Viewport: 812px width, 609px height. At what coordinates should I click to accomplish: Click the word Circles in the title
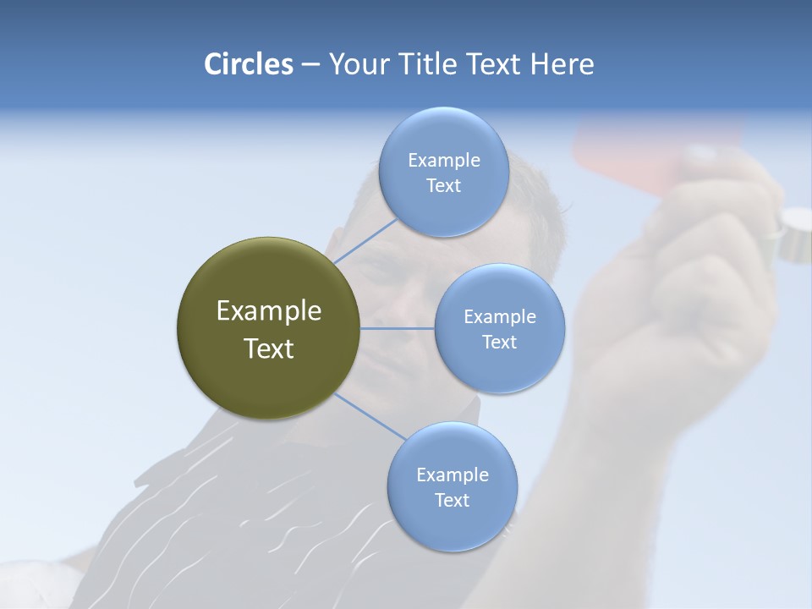[x=248, y=64]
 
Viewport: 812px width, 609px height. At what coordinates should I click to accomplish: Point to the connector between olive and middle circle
[x=397, y=328]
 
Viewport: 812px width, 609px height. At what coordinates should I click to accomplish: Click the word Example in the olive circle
[x=268, y=311]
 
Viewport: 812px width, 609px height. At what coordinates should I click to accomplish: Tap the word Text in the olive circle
[x=268, y=348]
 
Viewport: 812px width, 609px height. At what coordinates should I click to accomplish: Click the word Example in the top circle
[x=443, y=161]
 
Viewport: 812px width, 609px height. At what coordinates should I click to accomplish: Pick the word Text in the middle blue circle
[x=499, y=342]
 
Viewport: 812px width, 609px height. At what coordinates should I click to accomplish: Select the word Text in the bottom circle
[x=452, y=500]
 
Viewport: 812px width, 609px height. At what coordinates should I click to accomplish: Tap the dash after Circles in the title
[x=310, y=65]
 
